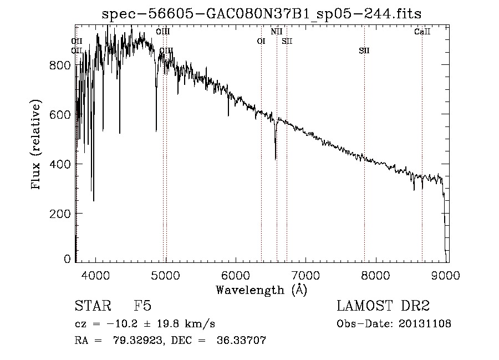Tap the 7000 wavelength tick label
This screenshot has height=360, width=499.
click(306, 276)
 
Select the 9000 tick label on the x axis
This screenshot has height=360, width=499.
click(446, 276)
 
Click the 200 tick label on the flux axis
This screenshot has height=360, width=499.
click(61, 214)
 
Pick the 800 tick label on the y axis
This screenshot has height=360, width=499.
click(61, 65)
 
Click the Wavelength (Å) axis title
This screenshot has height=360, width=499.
click(261, 290)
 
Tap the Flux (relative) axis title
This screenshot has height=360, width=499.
click(37, 145)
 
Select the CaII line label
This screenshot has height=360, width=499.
click(422, 32)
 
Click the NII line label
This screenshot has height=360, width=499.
click(277, 32)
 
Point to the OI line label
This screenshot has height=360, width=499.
click(261, 40)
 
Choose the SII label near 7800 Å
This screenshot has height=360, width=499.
click(364, 51)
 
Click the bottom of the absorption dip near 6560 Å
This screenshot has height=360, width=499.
click(276, 159)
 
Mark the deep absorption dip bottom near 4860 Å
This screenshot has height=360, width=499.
click(156, 130)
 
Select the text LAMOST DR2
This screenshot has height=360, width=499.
click(383, 306)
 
